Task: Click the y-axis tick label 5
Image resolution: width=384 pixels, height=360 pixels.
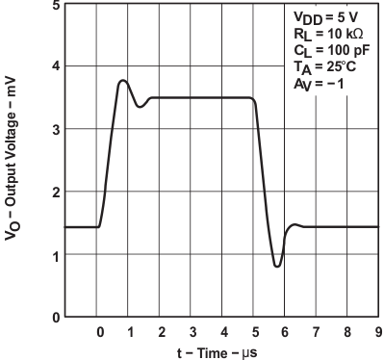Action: click(57, 5)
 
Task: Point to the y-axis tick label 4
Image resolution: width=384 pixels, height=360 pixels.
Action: click(57, 66)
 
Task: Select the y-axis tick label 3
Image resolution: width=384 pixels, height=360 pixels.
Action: click(57, 129)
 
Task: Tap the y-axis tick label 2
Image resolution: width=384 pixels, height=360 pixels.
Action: click(57, 192)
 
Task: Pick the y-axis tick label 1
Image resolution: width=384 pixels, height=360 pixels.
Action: click(57, 255)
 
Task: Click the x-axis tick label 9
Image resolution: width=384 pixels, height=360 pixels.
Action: click(377, 332)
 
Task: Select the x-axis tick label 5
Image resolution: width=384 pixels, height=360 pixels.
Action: click(254, 332)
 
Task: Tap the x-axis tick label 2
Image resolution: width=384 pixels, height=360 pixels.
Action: click(162, 332)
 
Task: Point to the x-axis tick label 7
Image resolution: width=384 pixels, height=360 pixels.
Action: click(316, 332)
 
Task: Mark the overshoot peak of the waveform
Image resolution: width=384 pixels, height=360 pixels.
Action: click(122, 81)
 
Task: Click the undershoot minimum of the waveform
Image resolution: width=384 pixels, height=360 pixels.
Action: click(277, 266)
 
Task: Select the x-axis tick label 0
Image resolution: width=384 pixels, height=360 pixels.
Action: click(100, 332)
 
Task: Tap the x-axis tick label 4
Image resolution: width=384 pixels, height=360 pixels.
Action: click(223, 332)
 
